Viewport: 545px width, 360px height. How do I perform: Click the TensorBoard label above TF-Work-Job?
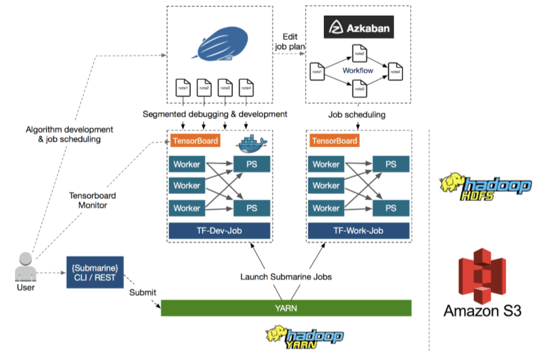pyautogui.click(x=334, y=141)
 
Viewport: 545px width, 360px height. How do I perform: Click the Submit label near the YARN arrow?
pyautogui.click(x=143, y=293)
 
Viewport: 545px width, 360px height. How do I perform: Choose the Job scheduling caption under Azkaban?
pyautogui.click(x=357, y=114)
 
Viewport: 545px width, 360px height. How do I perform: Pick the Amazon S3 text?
pyautogui.click(x=483, y=311)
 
